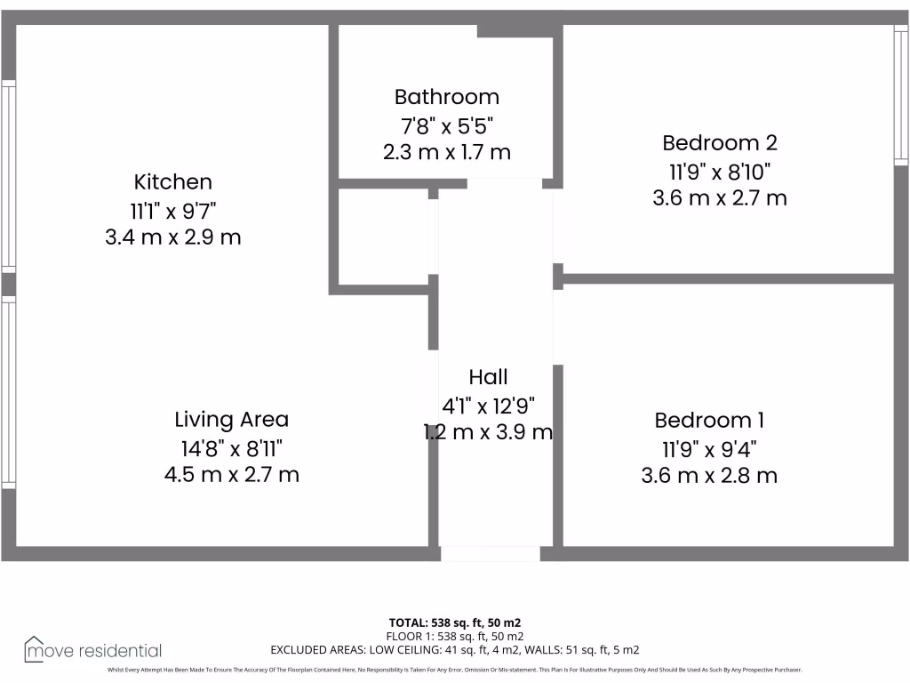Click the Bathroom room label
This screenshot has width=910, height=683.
[447, 97]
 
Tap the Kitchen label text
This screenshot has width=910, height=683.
[173, 182]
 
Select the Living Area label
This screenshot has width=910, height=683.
[231, 419]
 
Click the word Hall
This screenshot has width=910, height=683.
[488, 378]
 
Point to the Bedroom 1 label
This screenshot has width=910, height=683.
[709, 420]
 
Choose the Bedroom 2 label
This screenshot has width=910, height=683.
[720, 142]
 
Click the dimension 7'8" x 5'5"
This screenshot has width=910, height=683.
[447, 125]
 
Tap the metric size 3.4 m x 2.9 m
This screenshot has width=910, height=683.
[173, 237]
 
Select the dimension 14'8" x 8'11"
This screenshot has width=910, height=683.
[231, 446]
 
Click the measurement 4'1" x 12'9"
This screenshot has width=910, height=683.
[488, 406]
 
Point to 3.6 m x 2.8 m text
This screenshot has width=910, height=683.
[709, 476]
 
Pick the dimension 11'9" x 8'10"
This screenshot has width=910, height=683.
[720, 170]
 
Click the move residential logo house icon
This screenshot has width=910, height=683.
[35, 649]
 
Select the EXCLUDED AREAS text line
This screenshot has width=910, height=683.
[454, 650]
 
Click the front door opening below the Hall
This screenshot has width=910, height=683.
[490, 554]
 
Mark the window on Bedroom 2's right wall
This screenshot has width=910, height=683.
[900, 93]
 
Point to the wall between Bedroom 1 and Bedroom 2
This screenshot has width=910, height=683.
[729, 278]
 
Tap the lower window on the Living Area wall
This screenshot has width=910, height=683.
[8, 391]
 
